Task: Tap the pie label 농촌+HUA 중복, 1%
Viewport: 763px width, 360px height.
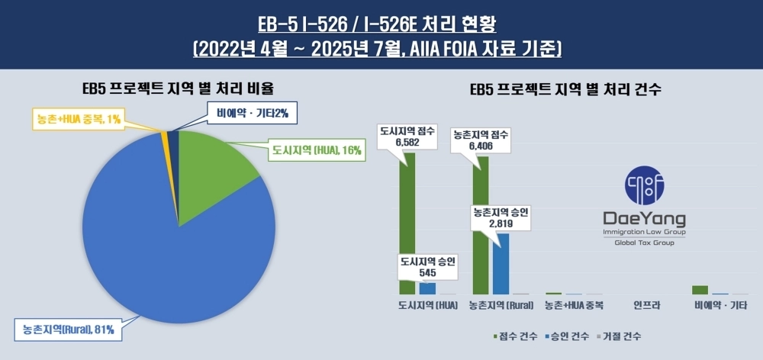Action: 77,118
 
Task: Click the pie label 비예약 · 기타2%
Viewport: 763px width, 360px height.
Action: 251,114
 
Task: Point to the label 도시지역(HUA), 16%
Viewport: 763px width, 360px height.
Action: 316,150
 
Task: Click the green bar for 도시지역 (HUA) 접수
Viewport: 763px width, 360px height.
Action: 407,221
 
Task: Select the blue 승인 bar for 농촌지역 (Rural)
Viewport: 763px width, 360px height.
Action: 501,264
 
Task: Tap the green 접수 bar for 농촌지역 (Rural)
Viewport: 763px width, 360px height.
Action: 481,225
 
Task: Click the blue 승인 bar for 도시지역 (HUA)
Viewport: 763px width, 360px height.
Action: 427,288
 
